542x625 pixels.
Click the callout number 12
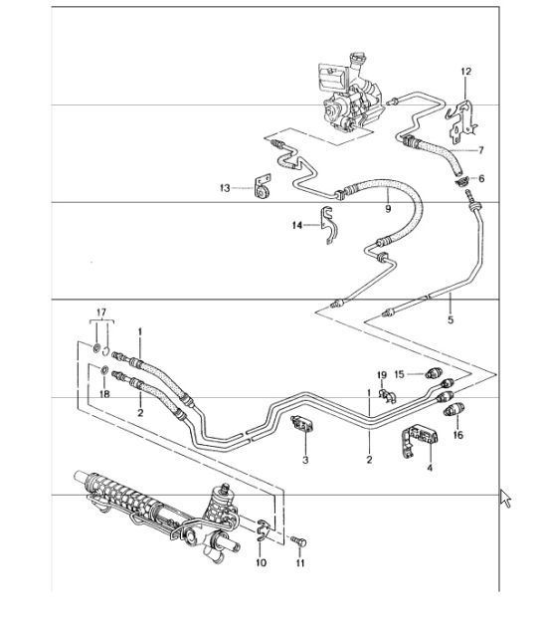(x=465, y=71)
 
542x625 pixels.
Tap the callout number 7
(x=480, y=150)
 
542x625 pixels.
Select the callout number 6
(x=481, y=178)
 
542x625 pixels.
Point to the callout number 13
(x=225, y=187)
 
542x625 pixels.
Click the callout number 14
(x=296, y=226)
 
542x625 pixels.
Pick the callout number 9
(x=387, y=210)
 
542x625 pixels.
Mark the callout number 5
(x=450, y=320)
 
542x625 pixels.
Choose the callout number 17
(x=98, y=313)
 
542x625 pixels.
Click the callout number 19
(x=380, y=374)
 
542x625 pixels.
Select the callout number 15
(x=398, y=374)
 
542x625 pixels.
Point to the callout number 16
(x=457, y=435)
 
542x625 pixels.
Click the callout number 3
(x=306, y=461)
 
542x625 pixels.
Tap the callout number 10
(x=261, y=563)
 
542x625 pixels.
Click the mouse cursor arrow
(x=506, y=497)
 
